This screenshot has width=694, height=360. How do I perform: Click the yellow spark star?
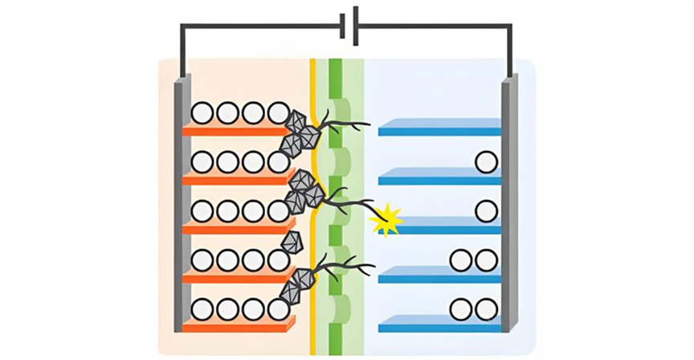tap(387, 219)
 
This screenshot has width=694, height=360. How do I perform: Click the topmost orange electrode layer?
tap(237, 130)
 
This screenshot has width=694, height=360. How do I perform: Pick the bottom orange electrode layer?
tap(237, 326)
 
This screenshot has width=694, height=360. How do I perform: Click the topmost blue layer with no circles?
tap(439, 129)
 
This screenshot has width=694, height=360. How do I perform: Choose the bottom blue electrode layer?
tap(439, 327)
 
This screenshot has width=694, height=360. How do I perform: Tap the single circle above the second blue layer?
tap(486, 162)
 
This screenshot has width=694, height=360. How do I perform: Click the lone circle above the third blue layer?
tap(486, 211)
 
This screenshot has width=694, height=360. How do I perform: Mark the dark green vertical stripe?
tap(336, 201)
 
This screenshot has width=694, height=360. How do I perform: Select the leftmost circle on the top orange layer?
tap(202, 113)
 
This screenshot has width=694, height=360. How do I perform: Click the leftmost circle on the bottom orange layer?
tap(202, 309)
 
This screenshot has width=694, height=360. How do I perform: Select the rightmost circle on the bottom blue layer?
tap(486, 309)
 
